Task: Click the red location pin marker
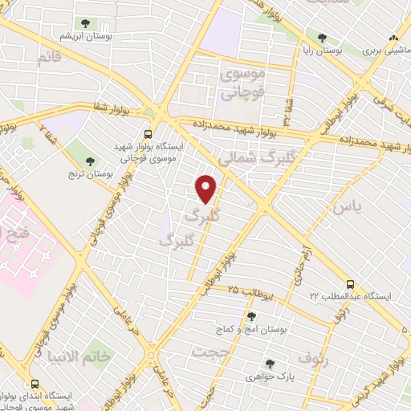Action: [x=206, y=188]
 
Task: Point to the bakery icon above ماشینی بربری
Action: [x=393, y=37]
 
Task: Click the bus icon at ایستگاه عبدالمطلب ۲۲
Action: [x=349, y=284]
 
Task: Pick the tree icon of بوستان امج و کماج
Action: [x=251, y=316]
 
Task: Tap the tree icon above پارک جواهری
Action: [x=270, y=363]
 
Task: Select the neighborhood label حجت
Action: [x=207, y=351]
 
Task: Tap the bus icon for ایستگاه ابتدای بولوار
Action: [x=34, y=384]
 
